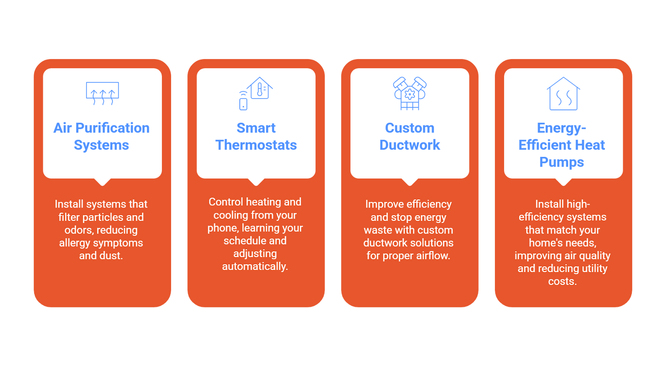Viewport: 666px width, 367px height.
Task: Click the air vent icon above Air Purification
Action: point(102,93)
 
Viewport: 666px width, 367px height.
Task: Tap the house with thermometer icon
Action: point(260,88)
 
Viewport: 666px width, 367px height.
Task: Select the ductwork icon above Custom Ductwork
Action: point(410,94)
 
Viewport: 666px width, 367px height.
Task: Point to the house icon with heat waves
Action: point(563,94)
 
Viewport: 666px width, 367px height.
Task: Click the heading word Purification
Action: point(112,128)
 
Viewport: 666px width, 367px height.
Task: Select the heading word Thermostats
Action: point(256,145)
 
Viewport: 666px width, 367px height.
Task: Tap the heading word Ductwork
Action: point(410,145)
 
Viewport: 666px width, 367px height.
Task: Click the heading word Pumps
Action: point(562,162)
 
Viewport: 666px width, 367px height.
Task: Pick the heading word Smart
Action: point(256,128)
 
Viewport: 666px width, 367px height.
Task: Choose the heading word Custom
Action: point(410,128)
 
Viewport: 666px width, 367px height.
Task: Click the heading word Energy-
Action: point(562,128)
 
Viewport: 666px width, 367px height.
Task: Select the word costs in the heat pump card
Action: point(562,281)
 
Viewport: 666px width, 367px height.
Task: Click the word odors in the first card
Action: point(79,230)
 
